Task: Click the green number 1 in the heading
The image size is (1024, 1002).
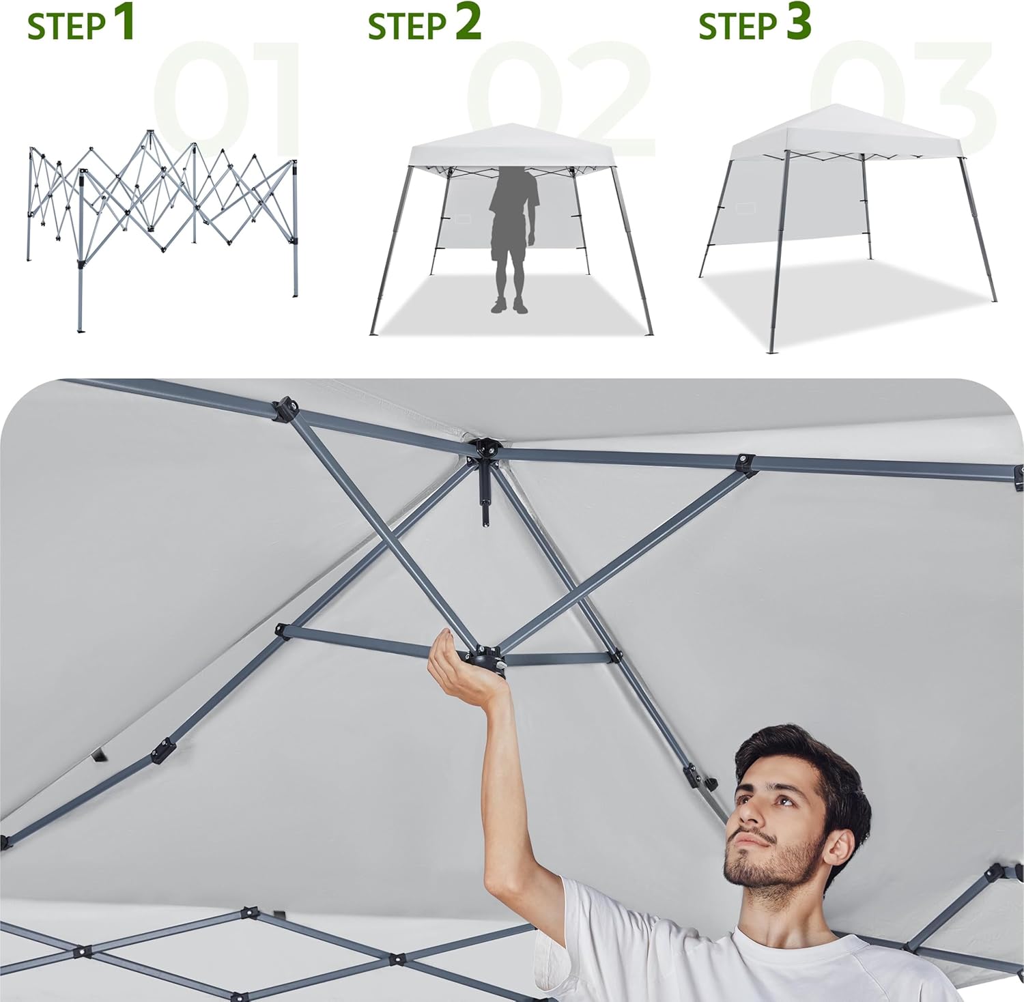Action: [123, 22]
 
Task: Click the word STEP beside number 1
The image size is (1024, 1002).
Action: [66, 27]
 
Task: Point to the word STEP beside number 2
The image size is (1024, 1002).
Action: [407, 27]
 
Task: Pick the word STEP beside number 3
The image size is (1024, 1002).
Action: [738, 27]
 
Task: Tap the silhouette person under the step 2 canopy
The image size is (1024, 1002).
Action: [512, 239]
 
